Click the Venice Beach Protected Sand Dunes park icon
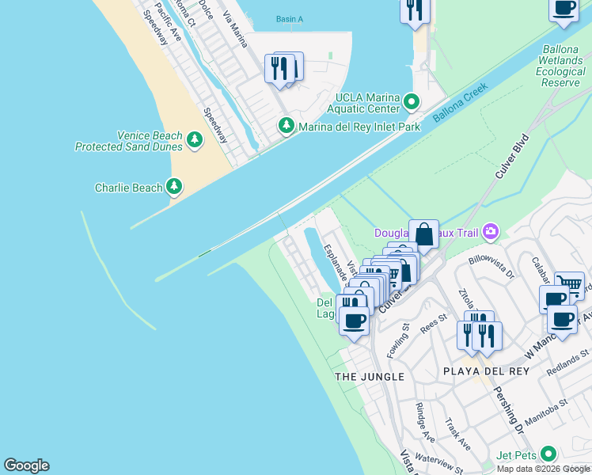(x=195, y=141)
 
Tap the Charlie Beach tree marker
(x=174, y=188)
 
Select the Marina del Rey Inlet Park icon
(x=286, y=126)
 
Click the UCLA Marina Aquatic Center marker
(x=411, y=102)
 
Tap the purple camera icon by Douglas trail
(x=491, y=231)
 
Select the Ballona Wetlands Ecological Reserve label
(x=561, y=66)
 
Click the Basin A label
(x=290, y=19)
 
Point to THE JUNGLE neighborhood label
(x=370, y=377)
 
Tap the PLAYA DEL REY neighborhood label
(x=480, y=371)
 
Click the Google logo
(x=26, y=465)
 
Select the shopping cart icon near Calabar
(x=569, y=285)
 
